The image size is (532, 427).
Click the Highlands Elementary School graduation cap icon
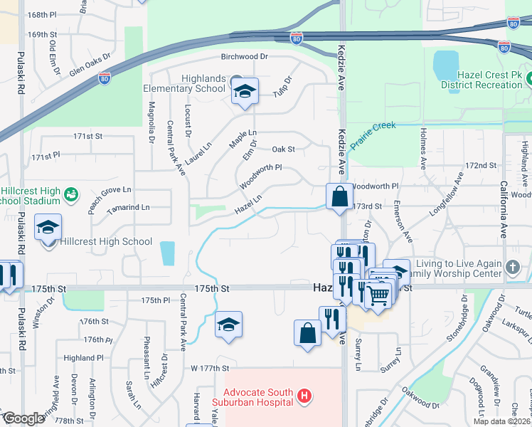tap(245, 92)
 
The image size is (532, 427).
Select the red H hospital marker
tap(304, 396)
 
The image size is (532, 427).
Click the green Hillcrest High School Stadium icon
tap(70, 194)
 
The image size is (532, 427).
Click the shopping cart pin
tap(378, 292)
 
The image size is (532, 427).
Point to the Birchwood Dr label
tap(243, 56)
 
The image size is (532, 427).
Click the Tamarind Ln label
tap(129, 207)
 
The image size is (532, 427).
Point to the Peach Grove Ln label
tap(111, 190)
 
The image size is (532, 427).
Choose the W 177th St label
tap(210, 369)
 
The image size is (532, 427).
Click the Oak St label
tap(283, 149)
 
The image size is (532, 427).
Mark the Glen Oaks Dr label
tap(90, 62)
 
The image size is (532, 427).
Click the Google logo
tap(23, 418)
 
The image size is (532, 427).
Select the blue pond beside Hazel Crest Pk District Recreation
tap(446, 65)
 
